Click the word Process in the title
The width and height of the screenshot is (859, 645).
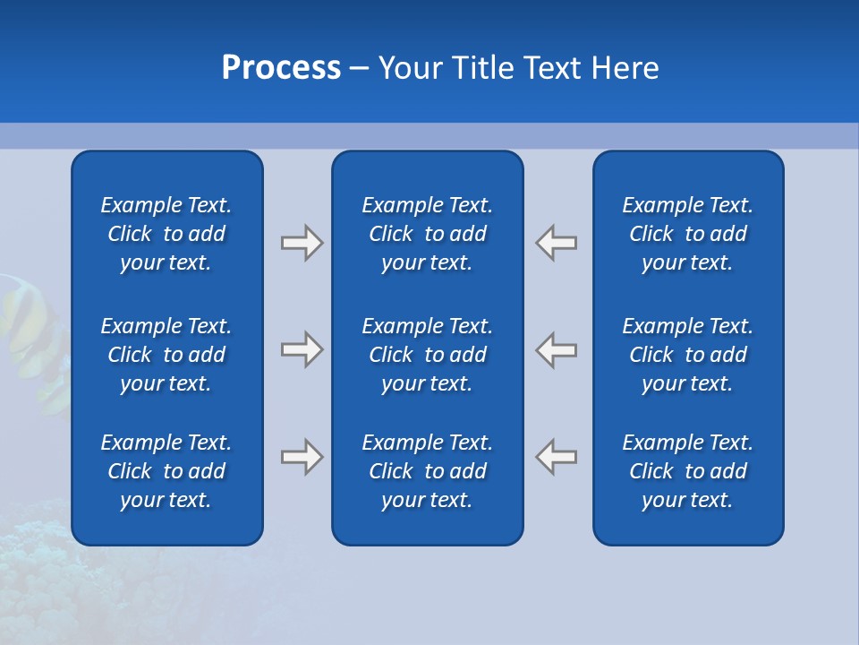click(x=281, y=68)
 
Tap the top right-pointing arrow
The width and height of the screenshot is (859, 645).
click(x=302, y=243)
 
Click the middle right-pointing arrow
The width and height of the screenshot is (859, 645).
click(x=302, y=349)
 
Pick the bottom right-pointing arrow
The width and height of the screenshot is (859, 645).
click(x=302, y=457)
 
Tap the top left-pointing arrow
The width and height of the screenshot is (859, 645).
click(x=557, y=243)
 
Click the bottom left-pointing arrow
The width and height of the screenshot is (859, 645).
click(x=557, y=456)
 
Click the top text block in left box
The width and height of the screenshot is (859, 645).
click(x=166, y=234)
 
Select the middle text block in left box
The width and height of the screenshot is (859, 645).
click(x=166, y=355)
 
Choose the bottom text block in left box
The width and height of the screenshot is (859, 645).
click(x=166, y=471)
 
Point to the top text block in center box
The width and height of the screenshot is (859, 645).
click(x=427, y=234)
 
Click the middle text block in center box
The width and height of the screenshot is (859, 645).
click(x=427, y=355)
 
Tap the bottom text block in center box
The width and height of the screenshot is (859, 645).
click(x=427, y=471)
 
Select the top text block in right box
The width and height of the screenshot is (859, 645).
click(x=687, y=234)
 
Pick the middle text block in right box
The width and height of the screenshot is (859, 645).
click(x=687, y=355)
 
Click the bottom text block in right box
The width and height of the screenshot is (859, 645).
click(x=687, y=471)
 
